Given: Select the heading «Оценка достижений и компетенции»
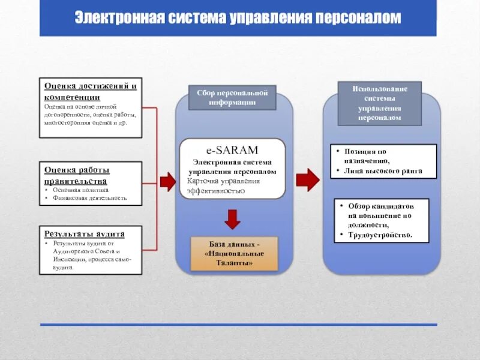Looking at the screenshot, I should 91,91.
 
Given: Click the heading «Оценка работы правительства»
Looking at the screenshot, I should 76,175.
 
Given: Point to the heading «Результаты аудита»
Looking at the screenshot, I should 84,233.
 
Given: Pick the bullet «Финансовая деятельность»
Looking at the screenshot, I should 89,198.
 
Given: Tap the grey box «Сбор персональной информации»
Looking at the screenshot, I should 232,97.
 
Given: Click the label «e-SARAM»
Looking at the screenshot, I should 232,151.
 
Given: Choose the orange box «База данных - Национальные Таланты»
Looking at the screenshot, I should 234,254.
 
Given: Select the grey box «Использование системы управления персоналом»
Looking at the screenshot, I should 379,103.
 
